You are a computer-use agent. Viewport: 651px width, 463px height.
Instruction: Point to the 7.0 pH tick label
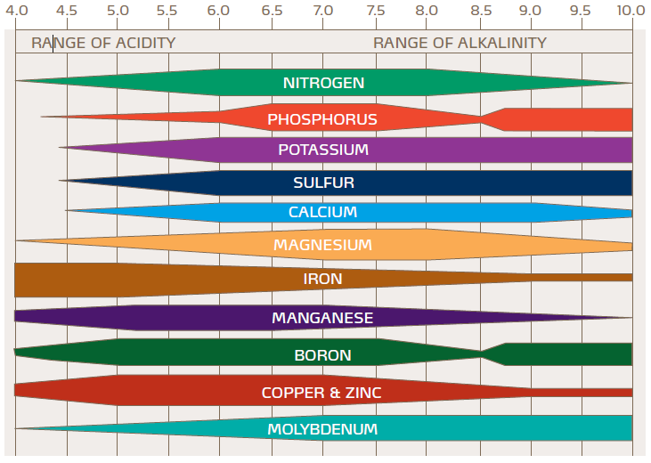[323, 12]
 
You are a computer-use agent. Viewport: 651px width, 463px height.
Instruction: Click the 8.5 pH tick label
[481, 12]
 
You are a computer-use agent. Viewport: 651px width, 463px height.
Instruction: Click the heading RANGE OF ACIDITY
[103, 43]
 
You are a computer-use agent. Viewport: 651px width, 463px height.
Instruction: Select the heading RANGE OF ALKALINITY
[460, 43]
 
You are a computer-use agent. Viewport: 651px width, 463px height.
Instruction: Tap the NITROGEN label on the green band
[323, 83]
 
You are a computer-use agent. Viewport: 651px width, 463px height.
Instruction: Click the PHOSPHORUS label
[322, 119]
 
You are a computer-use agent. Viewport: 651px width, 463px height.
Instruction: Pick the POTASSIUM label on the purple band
[323, 150]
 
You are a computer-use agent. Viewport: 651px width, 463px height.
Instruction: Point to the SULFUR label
[323, 183]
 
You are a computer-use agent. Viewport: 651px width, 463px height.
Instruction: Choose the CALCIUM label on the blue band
[322, 212]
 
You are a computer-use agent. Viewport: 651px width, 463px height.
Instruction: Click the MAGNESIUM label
[322, 245]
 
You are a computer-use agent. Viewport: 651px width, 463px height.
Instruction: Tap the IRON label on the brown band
[322, 279]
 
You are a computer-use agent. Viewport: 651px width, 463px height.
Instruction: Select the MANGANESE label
[322, 318]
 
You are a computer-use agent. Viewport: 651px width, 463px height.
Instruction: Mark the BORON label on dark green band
[322, 355]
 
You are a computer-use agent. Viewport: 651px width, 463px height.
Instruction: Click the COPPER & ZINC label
[322, 393]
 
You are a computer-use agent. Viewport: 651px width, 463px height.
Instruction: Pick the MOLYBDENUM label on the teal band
[322, 429]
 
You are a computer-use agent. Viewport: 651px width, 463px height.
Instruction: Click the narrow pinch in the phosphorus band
[483, 118]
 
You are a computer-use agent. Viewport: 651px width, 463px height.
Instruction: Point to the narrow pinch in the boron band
[483, 353]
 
